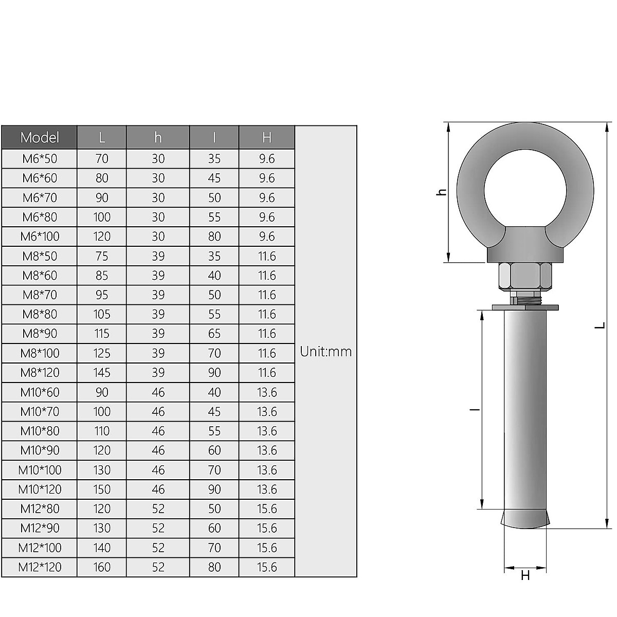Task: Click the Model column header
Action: pos(40,137)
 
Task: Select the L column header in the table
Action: pos(102,137)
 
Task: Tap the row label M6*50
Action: pos(40,158)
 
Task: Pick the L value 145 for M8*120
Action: pos(102,372)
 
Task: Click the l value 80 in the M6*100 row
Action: pos(214,237)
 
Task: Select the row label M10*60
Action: pos(40,392)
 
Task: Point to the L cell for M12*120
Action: pos(102,567)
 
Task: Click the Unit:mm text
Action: pos(326,352)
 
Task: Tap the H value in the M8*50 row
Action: pos(267,256)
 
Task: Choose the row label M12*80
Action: pos(40,509)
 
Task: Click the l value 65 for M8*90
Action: pos(214,334)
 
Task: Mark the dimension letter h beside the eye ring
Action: pos(441,192)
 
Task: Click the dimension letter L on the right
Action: pos(600,325)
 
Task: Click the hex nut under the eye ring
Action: pos(525,276)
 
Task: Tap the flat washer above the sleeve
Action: pos(525,307)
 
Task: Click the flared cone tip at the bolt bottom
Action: pos(525,518)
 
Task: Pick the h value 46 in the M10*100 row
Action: pos(158,470)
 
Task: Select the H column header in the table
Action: pos(267,137)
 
